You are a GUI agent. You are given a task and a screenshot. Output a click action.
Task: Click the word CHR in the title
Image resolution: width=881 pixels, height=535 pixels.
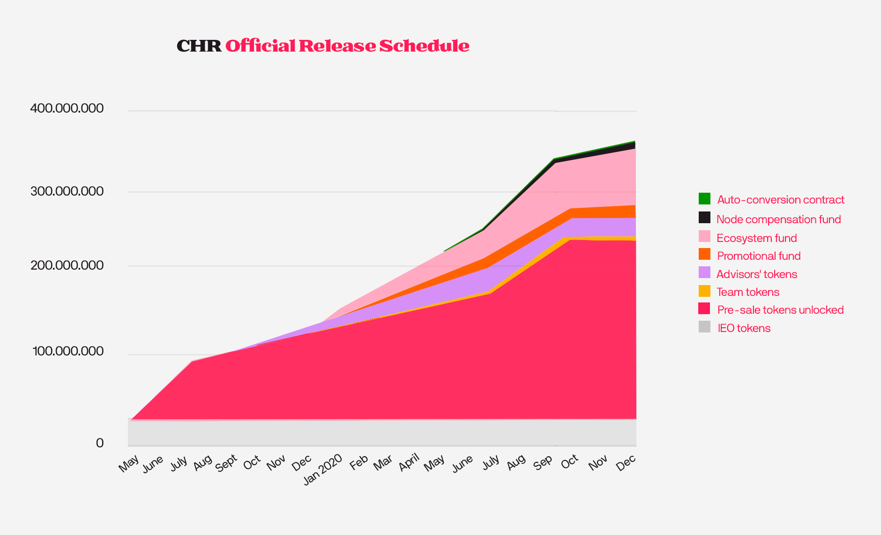click(x=199, y=46)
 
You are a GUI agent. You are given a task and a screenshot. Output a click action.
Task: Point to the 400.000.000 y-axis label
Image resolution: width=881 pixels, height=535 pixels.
click(x=67, y=109)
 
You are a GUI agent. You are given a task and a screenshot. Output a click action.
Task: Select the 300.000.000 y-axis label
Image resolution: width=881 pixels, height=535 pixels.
click(x=67, y=191)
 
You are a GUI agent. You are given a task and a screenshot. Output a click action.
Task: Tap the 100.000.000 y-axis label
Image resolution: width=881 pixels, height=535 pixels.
click(x=68, y=351)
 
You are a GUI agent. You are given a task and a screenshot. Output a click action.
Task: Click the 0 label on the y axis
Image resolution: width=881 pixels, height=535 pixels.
click(x=100, y=443)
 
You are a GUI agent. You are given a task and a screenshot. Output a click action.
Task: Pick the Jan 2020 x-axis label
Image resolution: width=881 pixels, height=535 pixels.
click(x=323, y=469)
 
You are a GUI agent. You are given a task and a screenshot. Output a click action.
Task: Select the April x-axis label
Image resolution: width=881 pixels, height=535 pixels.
click(x=409, y=463)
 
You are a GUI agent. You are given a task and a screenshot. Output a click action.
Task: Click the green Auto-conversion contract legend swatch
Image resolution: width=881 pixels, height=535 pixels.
click(x=704, y=199)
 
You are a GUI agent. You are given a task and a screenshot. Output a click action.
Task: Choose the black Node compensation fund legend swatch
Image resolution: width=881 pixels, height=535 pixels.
click(x=704, y=218)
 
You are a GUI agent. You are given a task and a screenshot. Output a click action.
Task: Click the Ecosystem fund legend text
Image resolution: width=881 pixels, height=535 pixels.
click(x=756, y=238)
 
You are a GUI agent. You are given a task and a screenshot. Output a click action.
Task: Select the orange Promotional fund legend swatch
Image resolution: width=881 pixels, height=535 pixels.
click(x=704, y=254)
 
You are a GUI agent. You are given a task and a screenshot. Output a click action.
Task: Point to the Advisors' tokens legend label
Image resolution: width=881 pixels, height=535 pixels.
click(x=756, y=274)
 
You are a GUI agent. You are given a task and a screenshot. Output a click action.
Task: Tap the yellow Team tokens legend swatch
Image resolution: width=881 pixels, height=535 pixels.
click(x=704, y=291)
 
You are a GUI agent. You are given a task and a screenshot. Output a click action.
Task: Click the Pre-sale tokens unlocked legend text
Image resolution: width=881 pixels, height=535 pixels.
click(x=780, y=310)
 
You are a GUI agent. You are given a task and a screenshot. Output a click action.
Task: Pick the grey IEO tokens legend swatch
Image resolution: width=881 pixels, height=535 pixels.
click(x=704, y=327)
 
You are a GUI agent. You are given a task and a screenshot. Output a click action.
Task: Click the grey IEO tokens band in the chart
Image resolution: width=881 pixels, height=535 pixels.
click(x=375, y=432)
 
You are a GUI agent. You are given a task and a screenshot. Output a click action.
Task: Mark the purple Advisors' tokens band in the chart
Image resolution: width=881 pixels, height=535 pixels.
click(x=609, y=227)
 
